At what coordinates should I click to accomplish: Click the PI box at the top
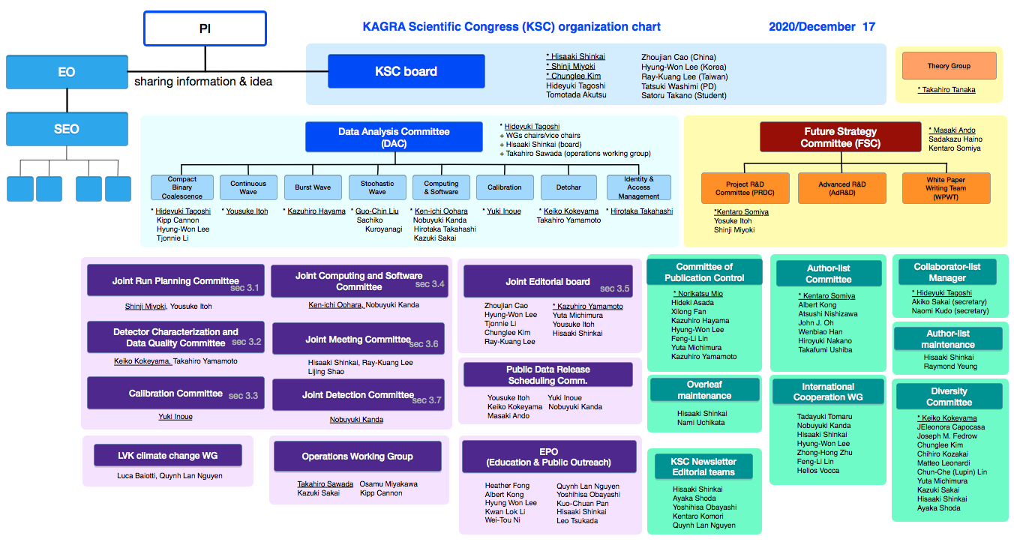coord(205,28)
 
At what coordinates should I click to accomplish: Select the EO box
coord(67,72)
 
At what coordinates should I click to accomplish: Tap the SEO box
coord(67,129)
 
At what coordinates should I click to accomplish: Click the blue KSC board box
coord(406,71)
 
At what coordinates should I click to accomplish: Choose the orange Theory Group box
coord(949,66)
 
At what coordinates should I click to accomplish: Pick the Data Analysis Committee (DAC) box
coord(394,137)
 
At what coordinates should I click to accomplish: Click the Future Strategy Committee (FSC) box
coord(840,137)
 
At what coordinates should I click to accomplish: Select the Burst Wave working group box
coord(313,187)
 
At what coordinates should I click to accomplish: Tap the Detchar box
coord(568,187)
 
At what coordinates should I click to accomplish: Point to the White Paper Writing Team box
coord(946,188)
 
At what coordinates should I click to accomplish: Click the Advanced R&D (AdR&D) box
coord(842,188)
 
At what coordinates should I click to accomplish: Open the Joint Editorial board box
coord(547,281)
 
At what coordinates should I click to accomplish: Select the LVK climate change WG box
coord(168,455)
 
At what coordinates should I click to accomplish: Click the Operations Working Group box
coord(357,456)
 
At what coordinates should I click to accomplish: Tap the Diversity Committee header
coord(949,397)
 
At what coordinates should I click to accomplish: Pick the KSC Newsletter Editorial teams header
coord(703,467)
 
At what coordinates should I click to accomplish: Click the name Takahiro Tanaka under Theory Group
coord(946,89)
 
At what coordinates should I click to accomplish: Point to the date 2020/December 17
coord(822,27)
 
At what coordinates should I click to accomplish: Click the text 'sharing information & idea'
coord(203,82)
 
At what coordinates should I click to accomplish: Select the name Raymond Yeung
coord(950,367)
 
